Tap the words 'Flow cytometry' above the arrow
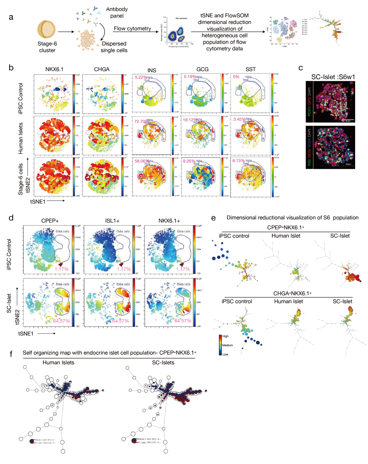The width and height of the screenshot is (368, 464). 132,28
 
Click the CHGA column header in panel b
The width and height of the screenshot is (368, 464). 102,69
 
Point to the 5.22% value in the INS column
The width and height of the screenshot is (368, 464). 141,77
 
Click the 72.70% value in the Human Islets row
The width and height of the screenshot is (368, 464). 141,121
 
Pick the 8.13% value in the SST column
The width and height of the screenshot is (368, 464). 239,161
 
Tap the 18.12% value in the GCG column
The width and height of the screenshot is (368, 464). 190,120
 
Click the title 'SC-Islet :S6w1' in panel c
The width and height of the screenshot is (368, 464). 333,77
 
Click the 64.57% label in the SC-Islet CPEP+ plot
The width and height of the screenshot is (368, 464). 61,321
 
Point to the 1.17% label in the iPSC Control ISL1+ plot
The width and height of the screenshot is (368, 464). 124,269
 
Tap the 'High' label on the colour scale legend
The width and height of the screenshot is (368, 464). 225,336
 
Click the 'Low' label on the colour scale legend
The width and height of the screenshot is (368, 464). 225,354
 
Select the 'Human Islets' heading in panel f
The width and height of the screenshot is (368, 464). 58,362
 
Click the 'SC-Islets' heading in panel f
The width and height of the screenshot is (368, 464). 163,362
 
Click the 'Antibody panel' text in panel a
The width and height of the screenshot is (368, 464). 117,13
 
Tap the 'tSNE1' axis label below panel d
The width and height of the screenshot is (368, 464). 26,333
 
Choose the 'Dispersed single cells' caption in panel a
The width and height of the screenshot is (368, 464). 114,47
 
